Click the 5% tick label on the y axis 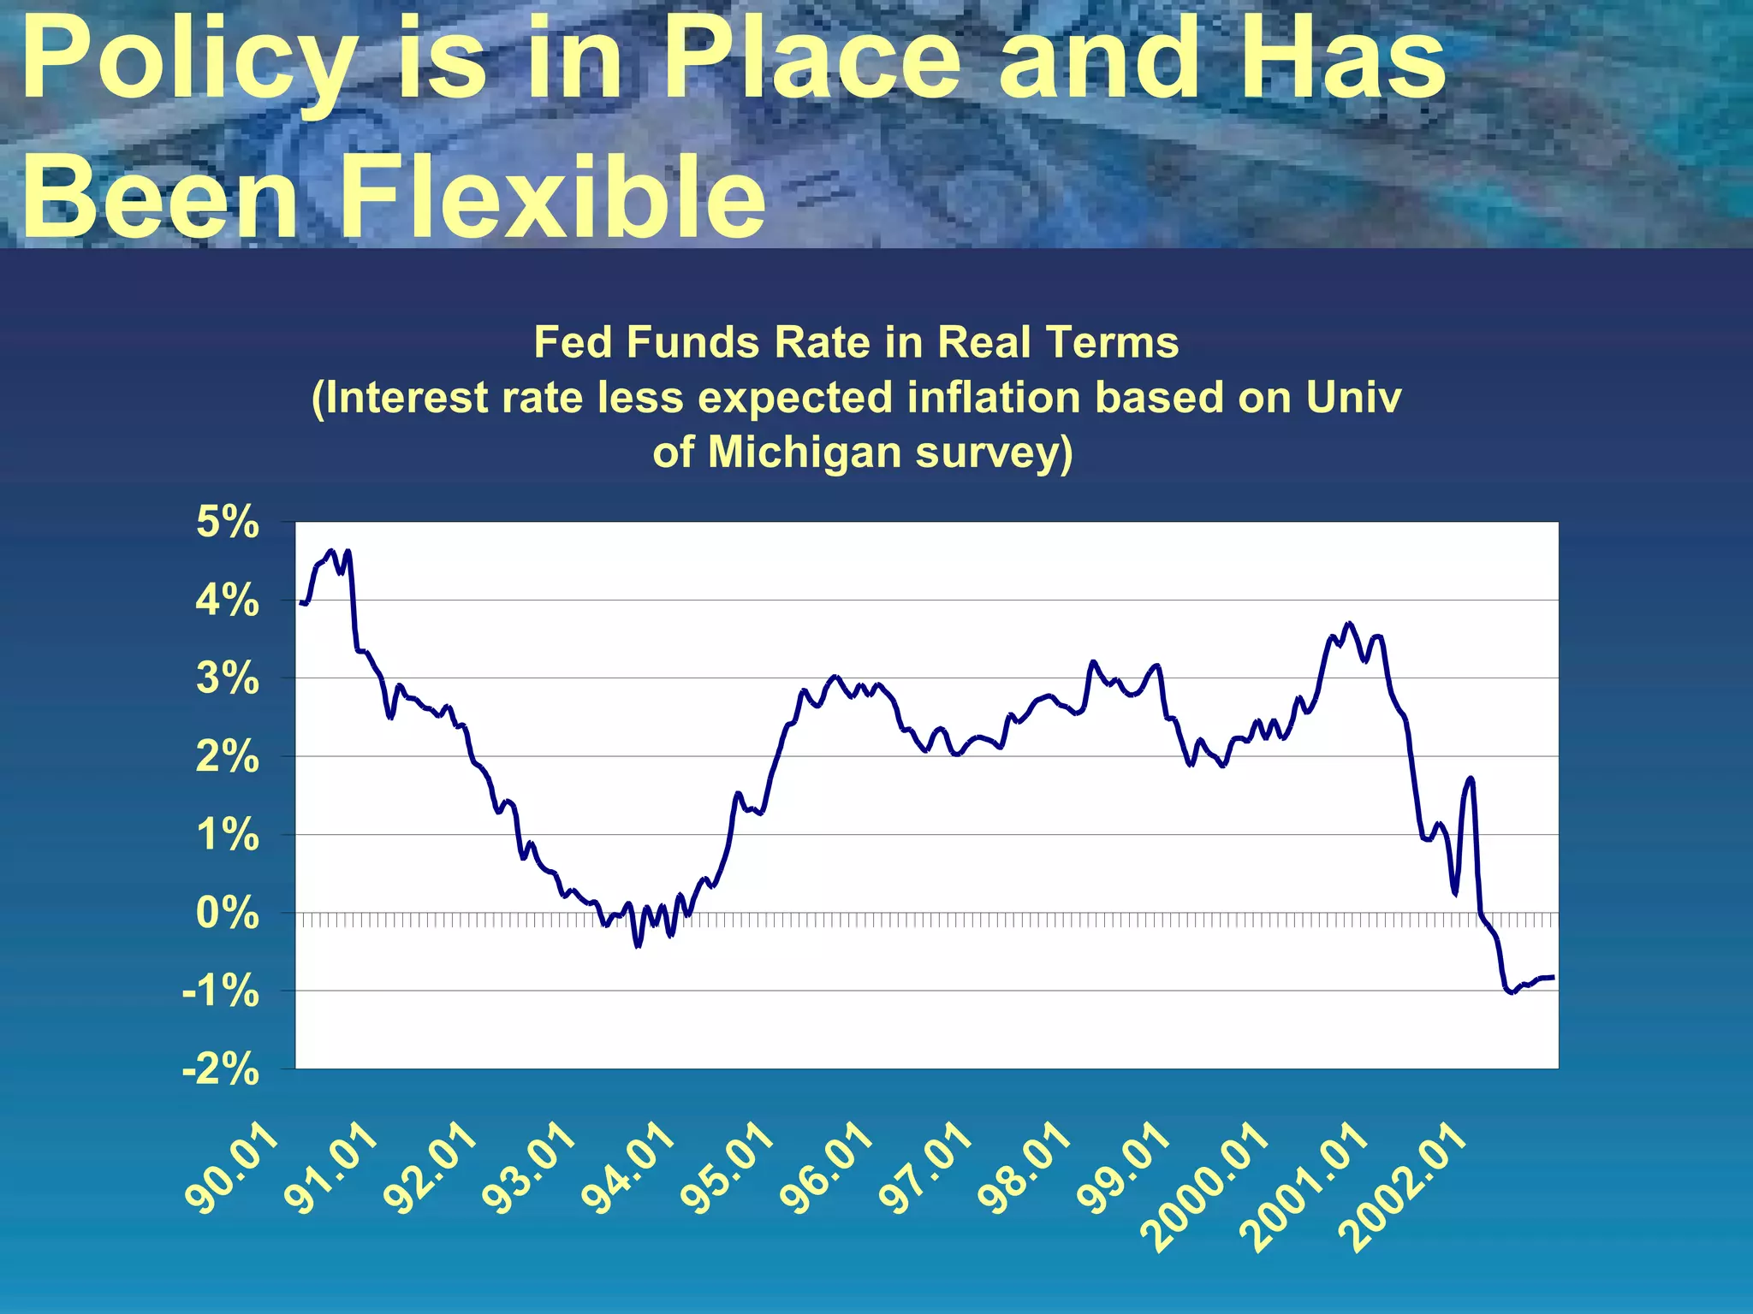tap(227, 522)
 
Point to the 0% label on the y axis tap(227, 913)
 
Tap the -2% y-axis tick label tap(220, 1069)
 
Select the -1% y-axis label tap(220, 991)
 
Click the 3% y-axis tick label tap(227, 678)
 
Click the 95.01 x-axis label tap(728, 1169)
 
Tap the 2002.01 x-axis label tap(1404, 1188)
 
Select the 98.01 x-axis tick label tap(1025, 1169)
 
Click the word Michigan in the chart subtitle tap(804, 453)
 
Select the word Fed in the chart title tap(572, 342)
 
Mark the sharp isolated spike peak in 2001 tap(1470, 778)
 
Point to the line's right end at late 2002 tap(1553, 977)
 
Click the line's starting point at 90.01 tap(301, 603)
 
